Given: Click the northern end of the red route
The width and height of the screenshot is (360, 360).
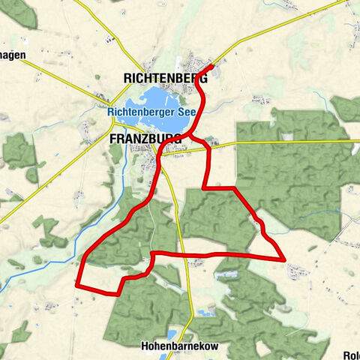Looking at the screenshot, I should point(213,67).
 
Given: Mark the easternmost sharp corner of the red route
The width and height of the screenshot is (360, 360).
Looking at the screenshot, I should point(285,259).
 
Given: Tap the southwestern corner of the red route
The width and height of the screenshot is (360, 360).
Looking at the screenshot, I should point(77,284).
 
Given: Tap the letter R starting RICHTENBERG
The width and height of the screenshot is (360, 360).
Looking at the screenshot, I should point(127,76).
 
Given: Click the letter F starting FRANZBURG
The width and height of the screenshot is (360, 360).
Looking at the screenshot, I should point(112,139).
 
